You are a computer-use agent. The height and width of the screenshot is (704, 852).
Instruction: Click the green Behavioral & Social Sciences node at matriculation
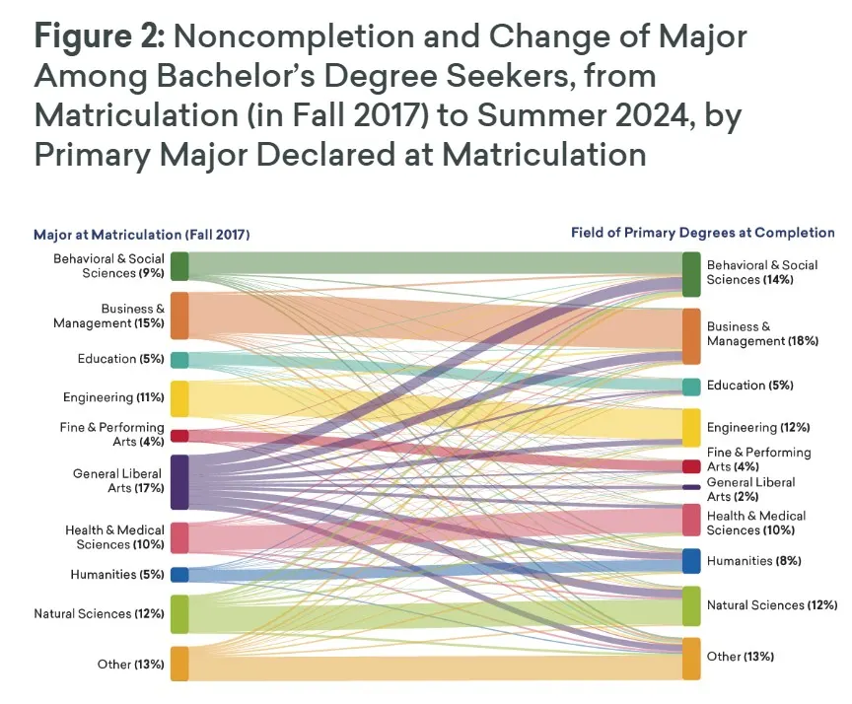point(179,266)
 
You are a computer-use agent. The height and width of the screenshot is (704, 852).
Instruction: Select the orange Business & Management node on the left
point(179,316)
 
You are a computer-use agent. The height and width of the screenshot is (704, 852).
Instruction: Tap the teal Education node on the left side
point(179,360)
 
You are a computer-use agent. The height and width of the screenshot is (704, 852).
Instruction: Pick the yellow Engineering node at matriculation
point(179,398)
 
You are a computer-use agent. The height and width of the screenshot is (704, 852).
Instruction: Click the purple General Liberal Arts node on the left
point(179,481)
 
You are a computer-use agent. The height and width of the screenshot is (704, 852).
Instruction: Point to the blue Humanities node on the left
point(179,575)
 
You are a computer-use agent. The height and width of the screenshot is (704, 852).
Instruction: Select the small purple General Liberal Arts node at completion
point(690,487)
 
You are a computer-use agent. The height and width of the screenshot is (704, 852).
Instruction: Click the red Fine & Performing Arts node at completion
point(690,466)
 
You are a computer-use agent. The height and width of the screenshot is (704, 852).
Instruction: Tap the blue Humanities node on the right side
point(690,561)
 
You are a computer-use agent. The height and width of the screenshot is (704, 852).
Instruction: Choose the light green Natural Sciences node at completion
point(690,605)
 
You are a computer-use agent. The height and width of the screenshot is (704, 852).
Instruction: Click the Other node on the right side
point(690,658)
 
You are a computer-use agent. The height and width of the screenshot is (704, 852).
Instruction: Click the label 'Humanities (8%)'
point(754,561)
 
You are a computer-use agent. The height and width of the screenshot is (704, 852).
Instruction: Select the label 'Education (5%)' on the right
point(750,386)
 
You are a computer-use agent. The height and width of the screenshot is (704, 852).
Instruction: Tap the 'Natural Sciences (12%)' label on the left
point(99,613)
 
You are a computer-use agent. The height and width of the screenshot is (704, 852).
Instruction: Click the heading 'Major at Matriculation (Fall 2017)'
point(142,235)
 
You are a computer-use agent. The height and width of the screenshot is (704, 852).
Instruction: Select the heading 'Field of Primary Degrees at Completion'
point(702,233)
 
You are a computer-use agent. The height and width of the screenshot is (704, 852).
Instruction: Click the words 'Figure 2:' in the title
point(99,37)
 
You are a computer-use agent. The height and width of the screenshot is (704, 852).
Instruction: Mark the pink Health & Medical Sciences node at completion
point(690,520)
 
